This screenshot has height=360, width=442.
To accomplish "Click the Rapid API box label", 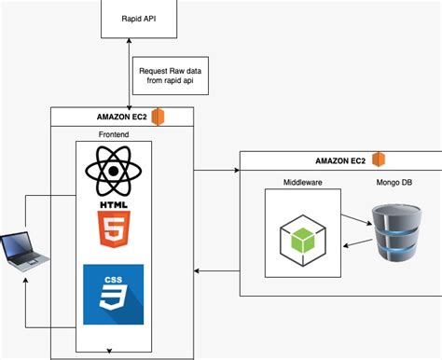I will click(x=138, y=18).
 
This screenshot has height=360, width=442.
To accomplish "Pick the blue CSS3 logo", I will click(x=113, y=294).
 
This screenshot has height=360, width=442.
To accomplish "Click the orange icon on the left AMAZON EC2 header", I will click(x=159, y=117).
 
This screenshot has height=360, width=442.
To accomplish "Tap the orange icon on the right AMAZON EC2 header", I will click(x=379, y=159).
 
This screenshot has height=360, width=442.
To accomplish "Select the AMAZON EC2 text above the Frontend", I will click(x=119, y=117).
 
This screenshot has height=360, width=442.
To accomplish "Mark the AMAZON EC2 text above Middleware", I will click(x=338, y=159).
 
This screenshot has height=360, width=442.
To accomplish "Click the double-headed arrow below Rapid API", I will click(x=128, y=74).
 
